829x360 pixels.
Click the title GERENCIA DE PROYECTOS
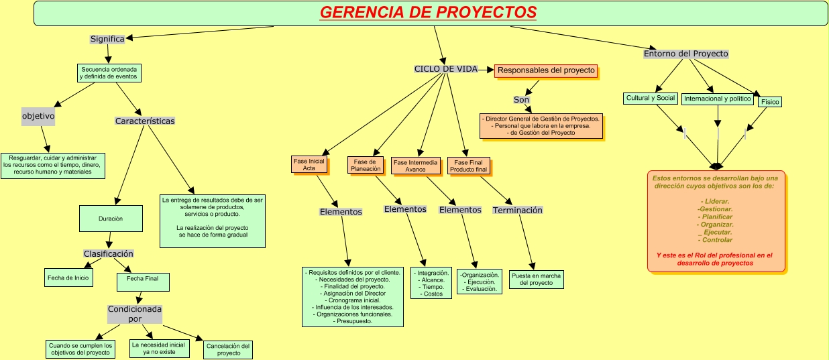tap(428, 13)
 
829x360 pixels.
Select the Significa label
tap(107, 39)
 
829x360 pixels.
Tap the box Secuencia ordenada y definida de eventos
tap(109, 73)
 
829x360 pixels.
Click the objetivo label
tap(38, 116)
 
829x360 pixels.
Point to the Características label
tap(145, 121)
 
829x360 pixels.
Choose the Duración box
tap(111, 219)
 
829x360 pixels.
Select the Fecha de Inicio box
tap(68, 277)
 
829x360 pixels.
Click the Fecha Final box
tap(143, 278)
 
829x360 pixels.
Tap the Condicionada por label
tap(135, 314)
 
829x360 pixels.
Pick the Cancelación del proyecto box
tap(228, 349)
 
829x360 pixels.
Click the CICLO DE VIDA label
tap(446, 69)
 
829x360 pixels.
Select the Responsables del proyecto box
tap(546, 70)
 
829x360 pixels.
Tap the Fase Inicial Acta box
tap(309, 165)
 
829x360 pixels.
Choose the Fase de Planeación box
tap(366, 165)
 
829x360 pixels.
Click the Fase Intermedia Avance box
tap(415, 166)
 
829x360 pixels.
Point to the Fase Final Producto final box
tap(468, 166)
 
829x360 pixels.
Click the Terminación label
tap(518, 211)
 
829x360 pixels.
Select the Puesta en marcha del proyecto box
tap(536, 280)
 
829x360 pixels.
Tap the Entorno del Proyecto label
tap(686, 54)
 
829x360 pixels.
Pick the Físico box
tap(770, 102)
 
